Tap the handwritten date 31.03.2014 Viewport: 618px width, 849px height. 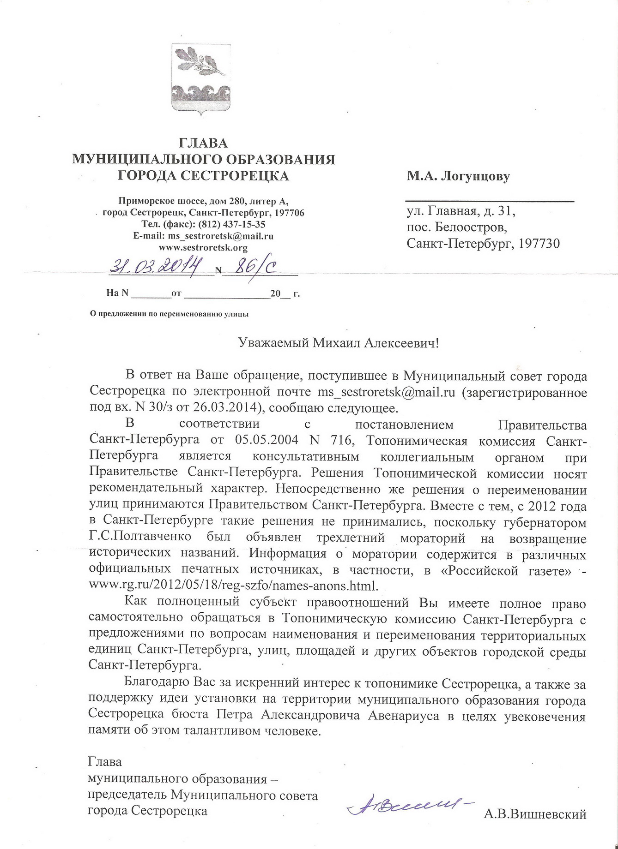(158, 267)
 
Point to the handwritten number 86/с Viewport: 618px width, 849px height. (255, 268)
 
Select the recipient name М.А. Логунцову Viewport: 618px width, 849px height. (458, 176)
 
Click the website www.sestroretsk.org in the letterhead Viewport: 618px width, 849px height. (203, 248)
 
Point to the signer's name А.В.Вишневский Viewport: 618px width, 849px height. (535, 814)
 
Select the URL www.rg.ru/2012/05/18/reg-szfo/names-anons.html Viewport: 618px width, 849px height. (233, 586)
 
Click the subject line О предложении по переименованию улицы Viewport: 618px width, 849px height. (169, 314)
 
